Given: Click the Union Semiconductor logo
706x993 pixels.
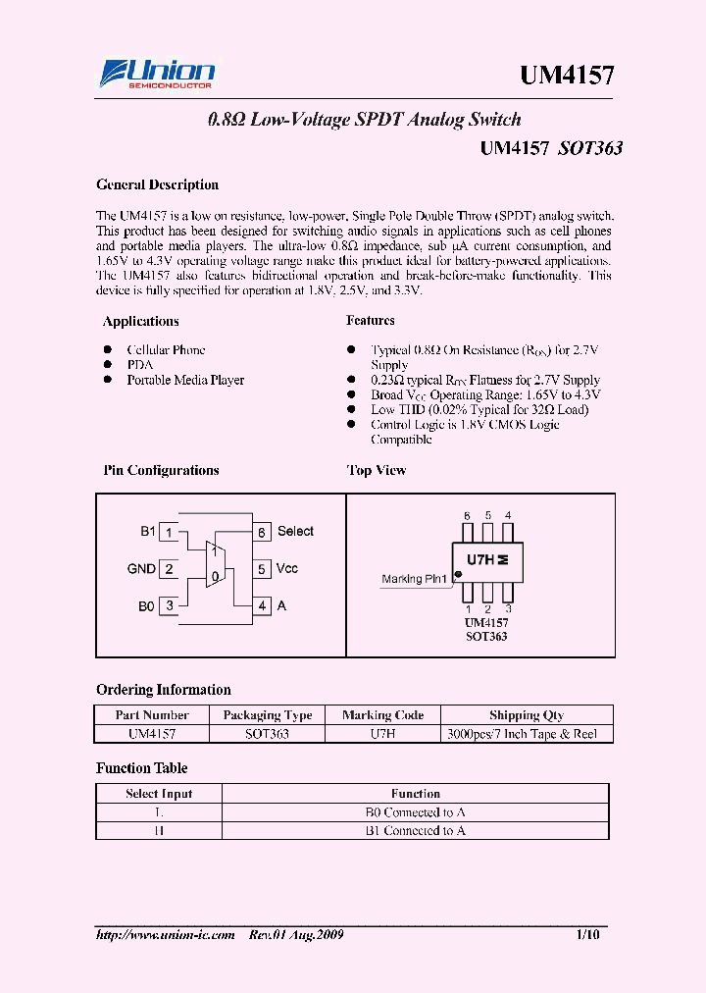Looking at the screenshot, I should coord(157,75).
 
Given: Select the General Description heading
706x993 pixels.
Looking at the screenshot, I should coord(157,184).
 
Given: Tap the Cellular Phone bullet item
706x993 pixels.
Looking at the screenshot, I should coord(166,350).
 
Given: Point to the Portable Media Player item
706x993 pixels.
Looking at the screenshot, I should coord(185,380).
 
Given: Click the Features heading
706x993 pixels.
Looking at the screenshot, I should coord(371,321).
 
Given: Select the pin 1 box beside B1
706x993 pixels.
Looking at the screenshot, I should coord(170,532).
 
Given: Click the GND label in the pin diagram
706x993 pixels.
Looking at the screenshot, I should coord(141,569).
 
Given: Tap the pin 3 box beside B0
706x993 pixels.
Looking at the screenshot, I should coord(170,606).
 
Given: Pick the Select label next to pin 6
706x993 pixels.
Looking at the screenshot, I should coord(295,532).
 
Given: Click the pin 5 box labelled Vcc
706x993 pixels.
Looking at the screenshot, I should coord(262,569).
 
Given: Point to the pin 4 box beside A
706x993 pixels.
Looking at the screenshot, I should coord(262,606).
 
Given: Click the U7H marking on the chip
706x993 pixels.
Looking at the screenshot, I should coord(480,559).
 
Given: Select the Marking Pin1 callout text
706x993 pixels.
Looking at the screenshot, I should coord(414,579).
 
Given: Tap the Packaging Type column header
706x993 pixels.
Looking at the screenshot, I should coord(267,715).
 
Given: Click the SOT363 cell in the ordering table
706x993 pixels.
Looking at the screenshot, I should coord(267,733).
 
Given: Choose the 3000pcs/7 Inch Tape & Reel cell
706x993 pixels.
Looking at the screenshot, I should coord(528,733).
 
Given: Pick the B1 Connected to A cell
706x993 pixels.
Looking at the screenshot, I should coord(415,830).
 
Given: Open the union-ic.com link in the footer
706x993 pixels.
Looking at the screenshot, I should coord(166,935).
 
